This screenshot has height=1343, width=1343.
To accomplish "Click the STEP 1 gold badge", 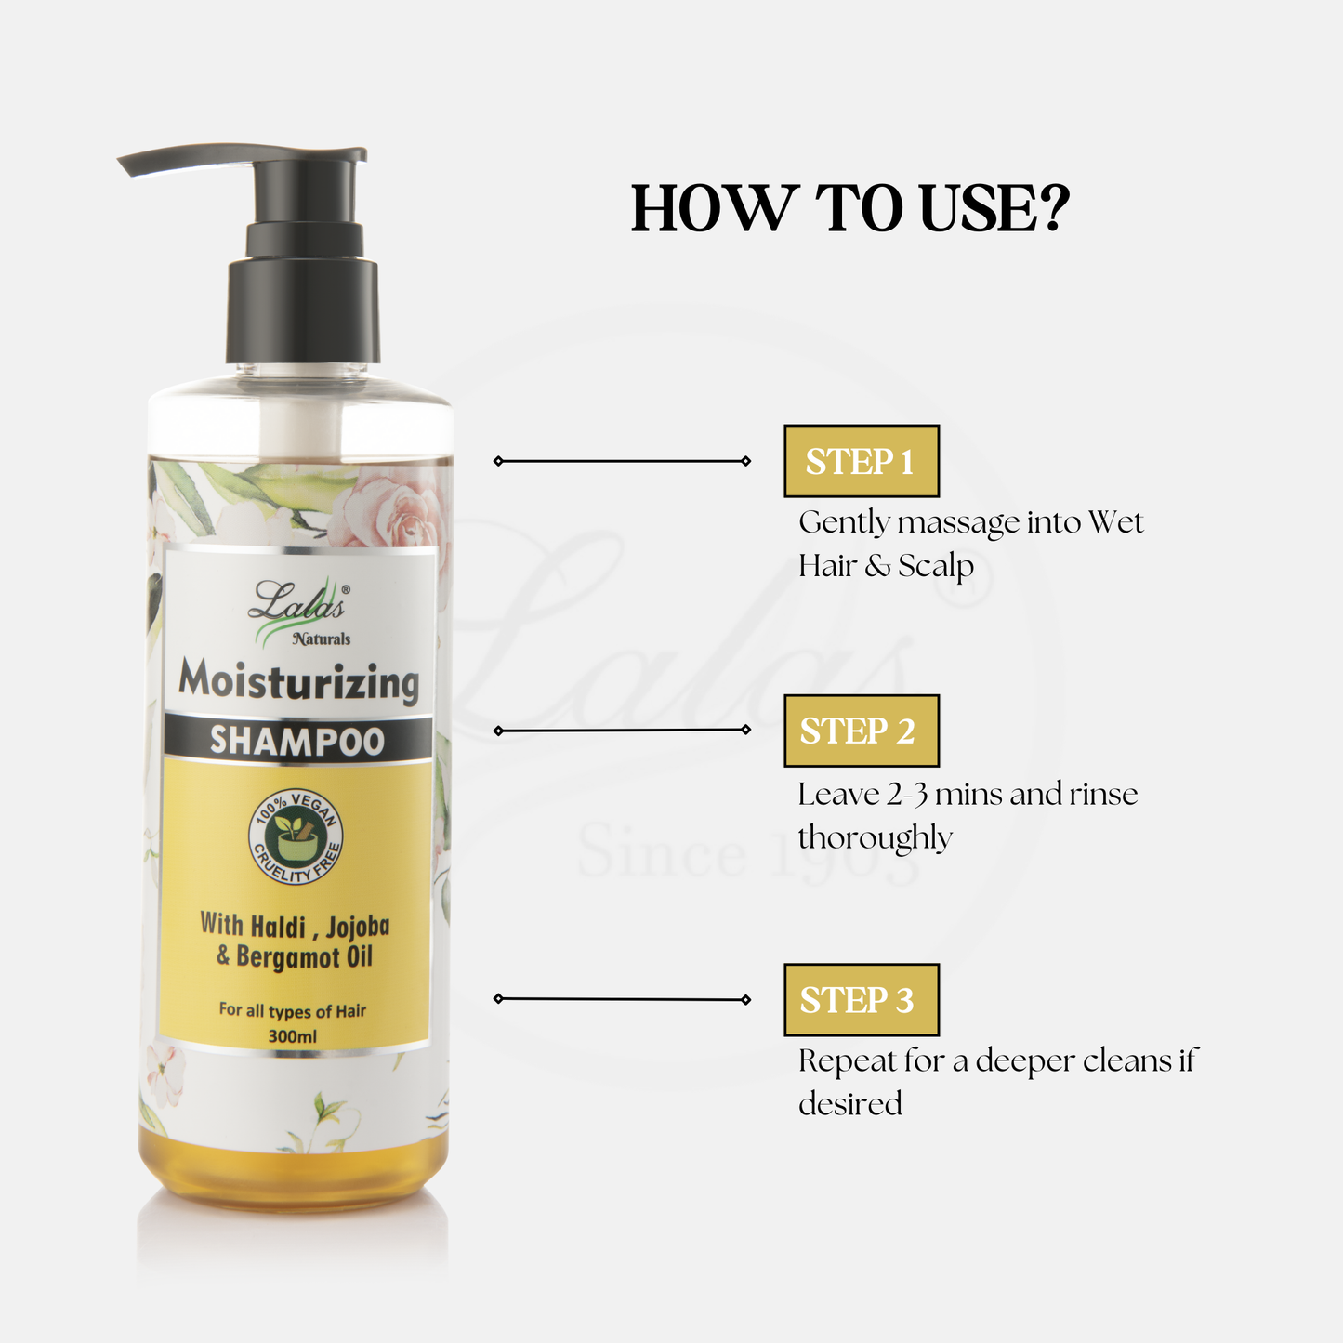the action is pyautogui.click(x=862, y=461).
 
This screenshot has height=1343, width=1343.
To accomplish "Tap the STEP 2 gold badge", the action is pyautogui.click(x=862, y=731).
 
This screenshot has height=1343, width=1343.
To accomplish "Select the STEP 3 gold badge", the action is pyautogui.click(x=862, y=999).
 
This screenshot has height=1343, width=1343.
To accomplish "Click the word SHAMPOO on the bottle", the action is pyautogui.click(x=297, y=740).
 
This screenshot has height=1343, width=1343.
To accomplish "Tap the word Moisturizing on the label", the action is pyautogui.click(x=299, y=681).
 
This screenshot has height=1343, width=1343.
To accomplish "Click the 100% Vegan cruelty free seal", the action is pyautogui.click(x=296, y=836).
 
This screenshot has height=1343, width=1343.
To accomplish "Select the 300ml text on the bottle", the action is pyautogui.click(x=293, y=1036).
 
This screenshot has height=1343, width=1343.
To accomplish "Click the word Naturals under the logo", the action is pyautogui.click(x=322, y=639).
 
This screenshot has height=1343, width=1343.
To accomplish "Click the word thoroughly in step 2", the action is pyautogui.click(x=875, y=837).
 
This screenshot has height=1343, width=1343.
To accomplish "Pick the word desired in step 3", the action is pyautogui.click(x=850, y=1104).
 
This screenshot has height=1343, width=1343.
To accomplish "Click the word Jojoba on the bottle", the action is pyautogui.click(x=358, y=928).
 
